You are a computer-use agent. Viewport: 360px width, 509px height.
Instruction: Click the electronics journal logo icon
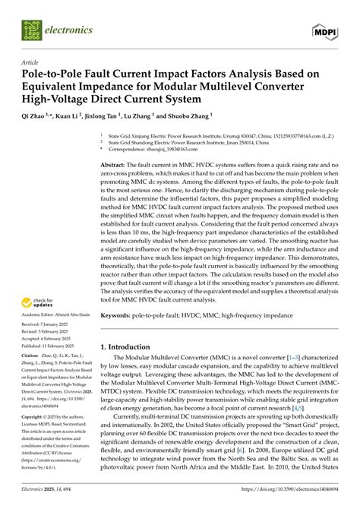point(33,30)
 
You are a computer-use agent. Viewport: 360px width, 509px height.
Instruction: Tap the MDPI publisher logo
point(324,30)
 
